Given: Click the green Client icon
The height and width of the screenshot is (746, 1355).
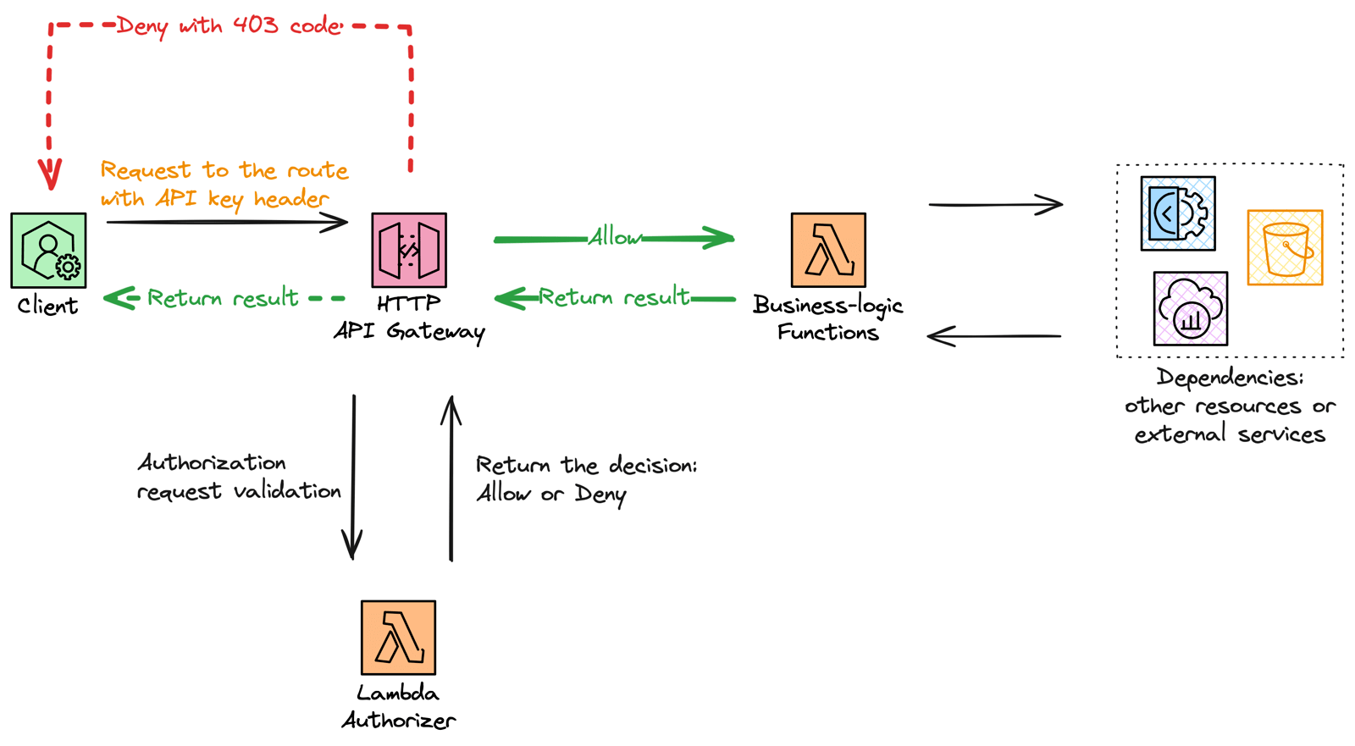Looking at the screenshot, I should tap(48, 251).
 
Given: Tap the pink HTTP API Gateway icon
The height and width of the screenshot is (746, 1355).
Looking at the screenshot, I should tap(409, 251).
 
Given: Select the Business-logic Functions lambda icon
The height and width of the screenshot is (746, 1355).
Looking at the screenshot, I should tap(828, 251).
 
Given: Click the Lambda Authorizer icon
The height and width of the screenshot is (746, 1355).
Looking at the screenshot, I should tap(398, 638).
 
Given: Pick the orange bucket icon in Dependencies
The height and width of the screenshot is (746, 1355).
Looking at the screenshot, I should tap(1285, 247).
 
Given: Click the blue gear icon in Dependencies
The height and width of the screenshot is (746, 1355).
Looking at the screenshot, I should tap(1177, 213).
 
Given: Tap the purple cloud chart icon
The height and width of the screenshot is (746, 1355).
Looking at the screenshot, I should tap(1190, 308).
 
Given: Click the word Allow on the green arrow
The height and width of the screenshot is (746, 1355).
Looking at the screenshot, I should tap(615, 238).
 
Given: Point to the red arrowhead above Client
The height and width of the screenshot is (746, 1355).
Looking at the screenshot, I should tap(50, 176).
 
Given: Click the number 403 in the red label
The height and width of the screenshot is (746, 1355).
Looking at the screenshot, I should tap(256, 25).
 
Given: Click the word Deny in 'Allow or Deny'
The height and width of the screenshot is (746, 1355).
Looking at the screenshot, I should tap(600, 494).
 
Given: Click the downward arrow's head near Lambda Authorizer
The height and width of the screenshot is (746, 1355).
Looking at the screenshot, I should tap(352, 546).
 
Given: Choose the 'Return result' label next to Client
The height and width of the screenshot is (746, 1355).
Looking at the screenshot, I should tap(223, 298).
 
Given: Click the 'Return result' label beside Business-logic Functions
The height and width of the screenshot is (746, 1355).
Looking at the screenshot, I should tap(614, 297).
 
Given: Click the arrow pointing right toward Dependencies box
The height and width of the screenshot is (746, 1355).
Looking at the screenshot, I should tap(996, 204).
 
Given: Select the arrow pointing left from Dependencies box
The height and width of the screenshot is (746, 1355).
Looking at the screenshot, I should tap(994, 336).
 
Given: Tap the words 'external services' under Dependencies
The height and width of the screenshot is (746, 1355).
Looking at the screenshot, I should tap(1230, 435).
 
